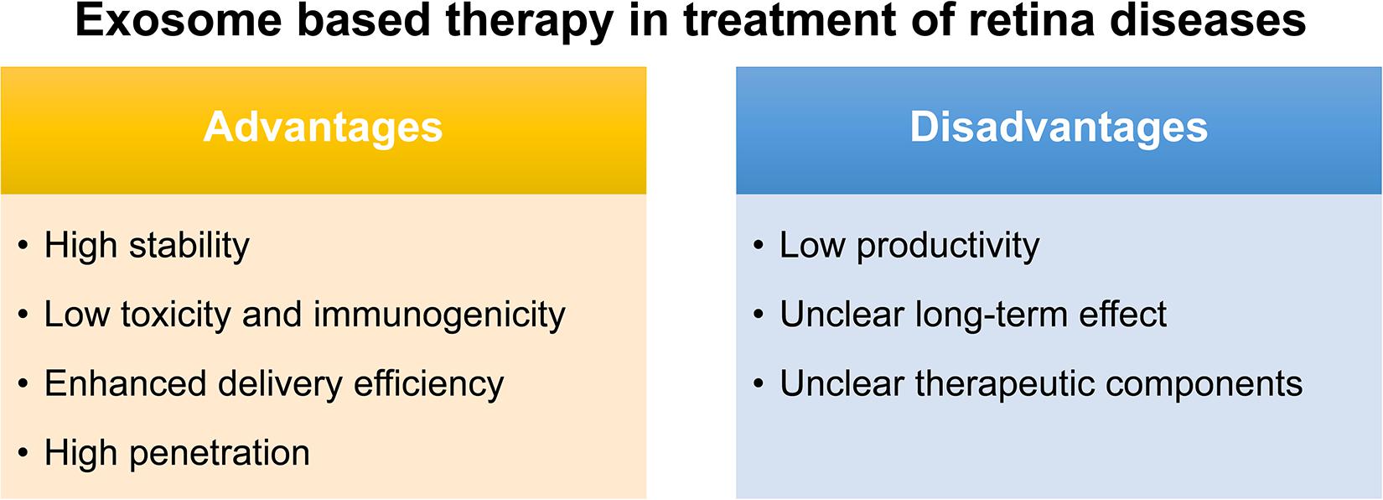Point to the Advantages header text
click(x=323, y=128)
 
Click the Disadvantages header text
click(x=1059, y=128)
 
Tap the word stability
click(x=189, y=247)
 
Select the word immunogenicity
click(x=439, y=315)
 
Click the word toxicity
click(x=175, y=315)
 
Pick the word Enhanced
click(x=125, y=383)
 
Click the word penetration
click(x=219, y=454)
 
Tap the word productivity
click(x=948, y=247)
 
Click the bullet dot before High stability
click(x=23, y=246)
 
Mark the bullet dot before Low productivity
click(x=759, y=246)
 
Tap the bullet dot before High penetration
click(x=23, y=453)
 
